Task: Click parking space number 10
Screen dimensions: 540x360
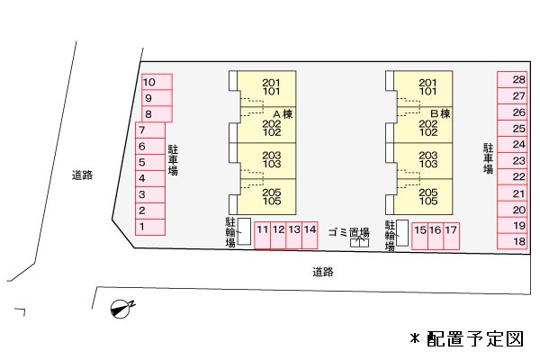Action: point(157,82)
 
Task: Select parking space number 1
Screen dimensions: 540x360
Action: point(150,228)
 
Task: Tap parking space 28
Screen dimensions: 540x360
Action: point(512,80)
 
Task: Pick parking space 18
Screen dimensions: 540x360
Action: point(512,241)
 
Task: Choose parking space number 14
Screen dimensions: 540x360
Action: point(310,235)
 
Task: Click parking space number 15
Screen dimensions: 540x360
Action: point(420,236)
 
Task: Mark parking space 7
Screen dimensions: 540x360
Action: point(150,130)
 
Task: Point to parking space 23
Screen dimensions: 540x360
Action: point(512,160)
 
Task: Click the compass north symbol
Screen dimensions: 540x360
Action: point(122,308)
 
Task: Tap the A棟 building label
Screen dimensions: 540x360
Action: point(283,114)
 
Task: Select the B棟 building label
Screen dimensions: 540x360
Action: point(440,113)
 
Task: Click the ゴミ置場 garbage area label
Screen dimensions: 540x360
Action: point(349,232)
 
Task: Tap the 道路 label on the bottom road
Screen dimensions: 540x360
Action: point(323,272)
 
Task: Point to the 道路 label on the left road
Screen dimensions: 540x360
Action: point(82,175)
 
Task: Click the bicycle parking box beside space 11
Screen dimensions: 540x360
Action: point(245,231)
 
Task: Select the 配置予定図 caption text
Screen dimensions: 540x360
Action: point(475,339)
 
